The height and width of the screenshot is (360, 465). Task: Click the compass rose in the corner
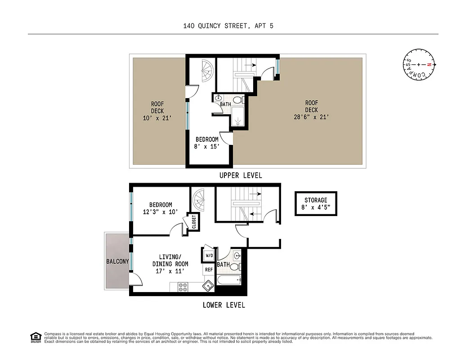coord(419,65)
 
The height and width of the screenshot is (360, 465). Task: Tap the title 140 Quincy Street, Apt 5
coord(228,26)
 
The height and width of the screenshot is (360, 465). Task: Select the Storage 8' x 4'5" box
coord(316,203)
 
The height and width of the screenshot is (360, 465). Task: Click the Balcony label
coord(117,261)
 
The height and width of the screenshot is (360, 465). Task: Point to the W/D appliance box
coord(209,255)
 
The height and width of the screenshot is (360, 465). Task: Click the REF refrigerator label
coord(209,270)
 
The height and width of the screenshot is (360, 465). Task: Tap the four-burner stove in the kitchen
coord(183,287)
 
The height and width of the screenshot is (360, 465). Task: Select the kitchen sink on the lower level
coord(208,286)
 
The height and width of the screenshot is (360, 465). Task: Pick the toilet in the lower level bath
coord(235,267)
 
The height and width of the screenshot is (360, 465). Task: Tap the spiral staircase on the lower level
coord(199,198)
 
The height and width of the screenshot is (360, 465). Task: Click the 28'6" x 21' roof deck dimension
coord(311,117)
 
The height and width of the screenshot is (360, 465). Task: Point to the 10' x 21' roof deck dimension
coord(157,118)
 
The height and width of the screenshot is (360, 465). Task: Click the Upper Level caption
coord(240,175)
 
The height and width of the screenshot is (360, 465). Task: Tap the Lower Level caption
coord(224,305)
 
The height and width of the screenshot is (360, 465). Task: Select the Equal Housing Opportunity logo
coord(35,337)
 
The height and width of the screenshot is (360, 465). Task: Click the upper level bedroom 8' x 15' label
coord(207,143)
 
